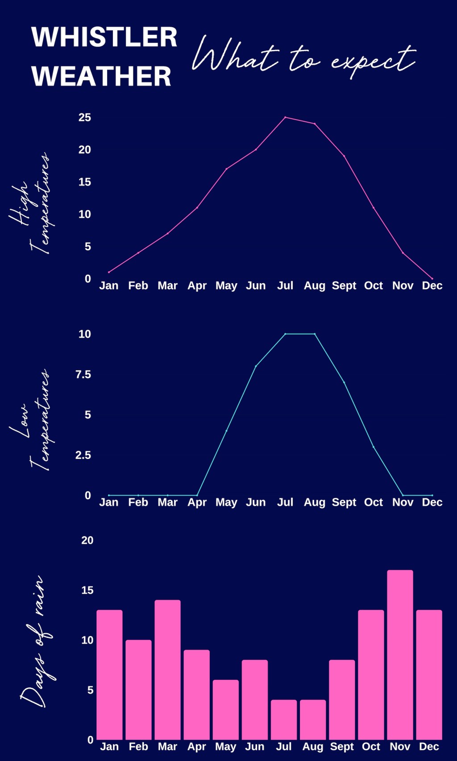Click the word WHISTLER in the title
pos(104,37)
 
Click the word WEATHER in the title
pos(101,76)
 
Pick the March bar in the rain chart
pos(168,669)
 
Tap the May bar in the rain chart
pos(226,709)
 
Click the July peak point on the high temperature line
pos(285,117)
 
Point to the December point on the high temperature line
pos(432,279)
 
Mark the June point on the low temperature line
pos(256,366)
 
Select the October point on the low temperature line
pos(374,447)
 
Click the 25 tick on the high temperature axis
pos(85,117)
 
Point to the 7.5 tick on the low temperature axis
pos(83,374)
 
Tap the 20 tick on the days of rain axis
pos(87,540)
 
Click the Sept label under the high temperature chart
pos(344,286)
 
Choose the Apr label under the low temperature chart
pos(197,503)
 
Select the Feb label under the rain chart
pos(138,747)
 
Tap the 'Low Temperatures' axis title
pos(31,419)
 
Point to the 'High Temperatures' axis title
pos(31,203)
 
